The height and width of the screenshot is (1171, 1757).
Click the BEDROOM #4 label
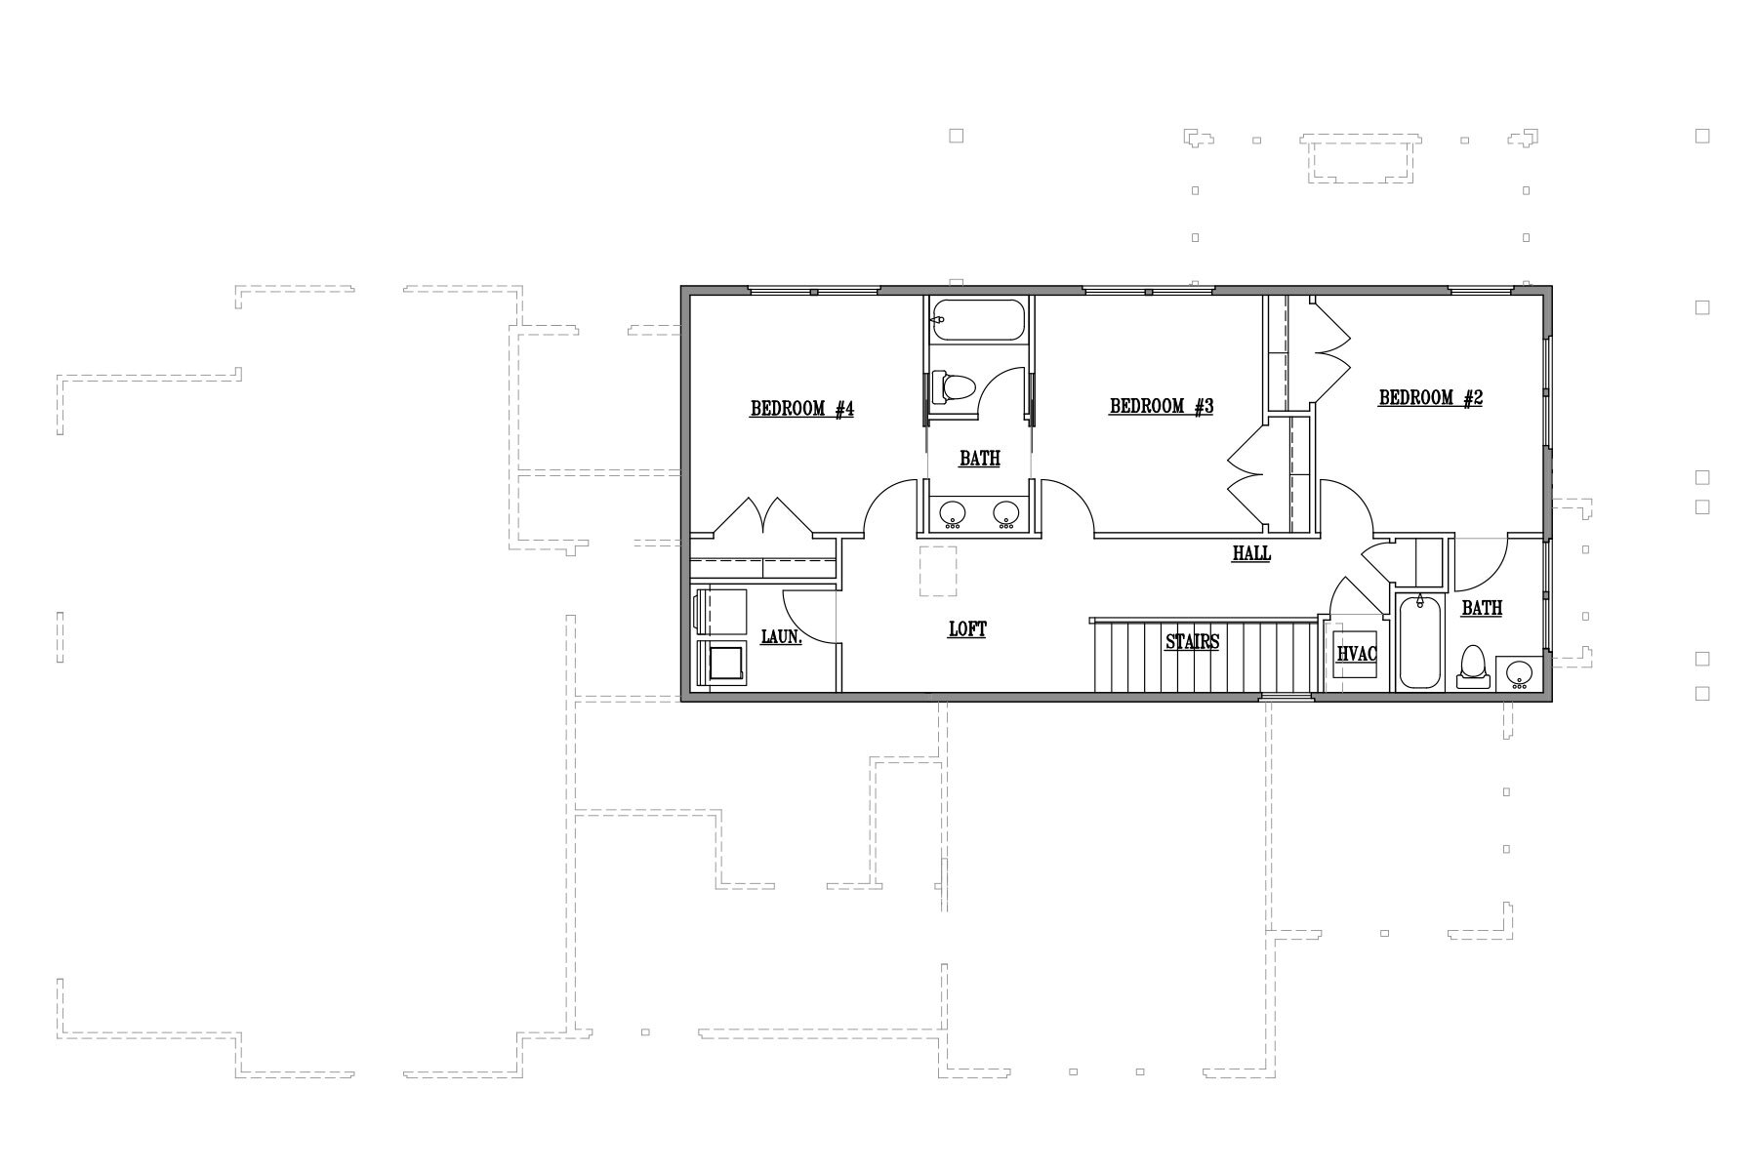click(x=802, y=410)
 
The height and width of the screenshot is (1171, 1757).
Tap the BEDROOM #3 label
click(x=1162, y=407)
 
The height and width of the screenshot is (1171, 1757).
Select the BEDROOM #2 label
click(x=1431, y=398)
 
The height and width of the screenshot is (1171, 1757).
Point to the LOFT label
click(x=967, y=629)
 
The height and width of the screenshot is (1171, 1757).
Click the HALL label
click(x=1251, y=554)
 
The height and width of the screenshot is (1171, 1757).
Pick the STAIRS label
click(x=1192, y=643)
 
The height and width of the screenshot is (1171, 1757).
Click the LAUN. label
click(x=781, y=638)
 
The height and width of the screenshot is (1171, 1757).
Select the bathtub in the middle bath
click(x=978, y=320)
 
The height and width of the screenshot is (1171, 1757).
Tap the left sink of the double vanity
click(x=952, y=513)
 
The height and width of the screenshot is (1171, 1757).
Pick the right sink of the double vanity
click(x=1007, y=513)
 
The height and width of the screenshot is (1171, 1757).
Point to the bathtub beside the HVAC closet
click(x=1421, y=642)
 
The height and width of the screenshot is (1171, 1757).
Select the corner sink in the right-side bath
click(x=1519, y=674)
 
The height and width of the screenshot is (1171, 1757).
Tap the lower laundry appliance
click(x=720, y=665)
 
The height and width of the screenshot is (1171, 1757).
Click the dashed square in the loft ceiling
click(x=939, y=571)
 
